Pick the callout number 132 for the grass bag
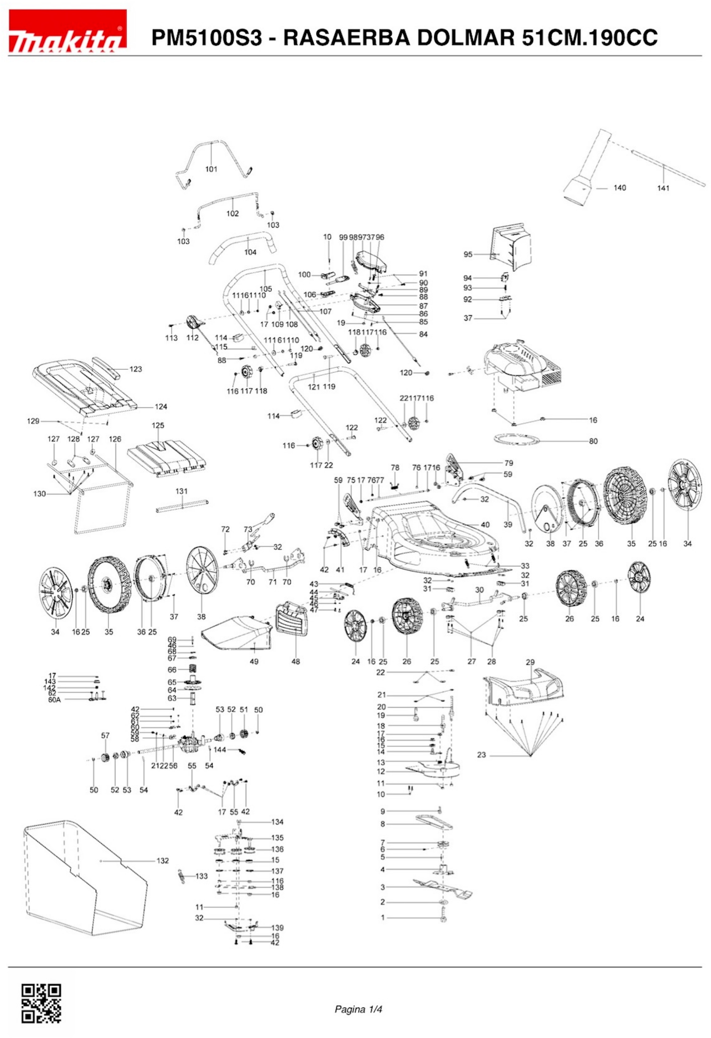[163, 861]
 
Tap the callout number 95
[468, 255]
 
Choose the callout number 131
[181, 491]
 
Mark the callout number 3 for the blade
[383, 887]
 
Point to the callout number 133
[202, 876]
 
